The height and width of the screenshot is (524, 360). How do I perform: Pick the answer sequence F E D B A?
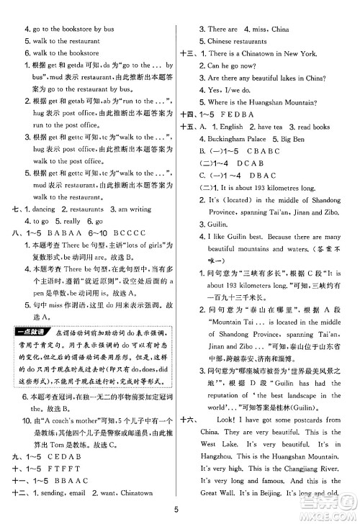(x=248, y=114)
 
